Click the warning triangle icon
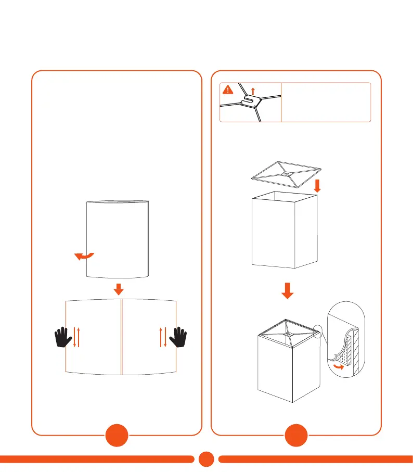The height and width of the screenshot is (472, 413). tap(227, 90)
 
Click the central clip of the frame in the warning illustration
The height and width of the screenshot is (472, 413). tap(251, 101)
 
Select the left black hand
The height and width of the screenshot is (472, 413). tap(64, 337)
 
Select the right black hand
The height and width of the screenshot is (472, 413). tap(180, 337)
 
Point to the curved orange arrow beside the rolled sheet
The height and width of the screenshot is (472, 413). tap(83, 256)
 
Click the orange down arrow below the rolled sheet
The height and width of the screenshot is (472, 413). tap(119, 288)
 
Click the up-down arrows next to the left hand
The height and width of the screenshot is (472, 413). tap(76, 337)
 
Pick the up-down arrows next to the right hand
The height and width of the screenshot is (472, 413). tap(163, 337)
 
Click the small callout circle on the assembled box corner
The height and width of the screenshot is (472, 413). tap(319, 329)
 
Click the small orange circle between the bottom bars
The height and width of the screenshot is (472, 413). tap(206, 458)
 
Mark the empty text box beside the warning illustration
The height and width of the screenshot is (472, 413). tap(326, 101)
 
